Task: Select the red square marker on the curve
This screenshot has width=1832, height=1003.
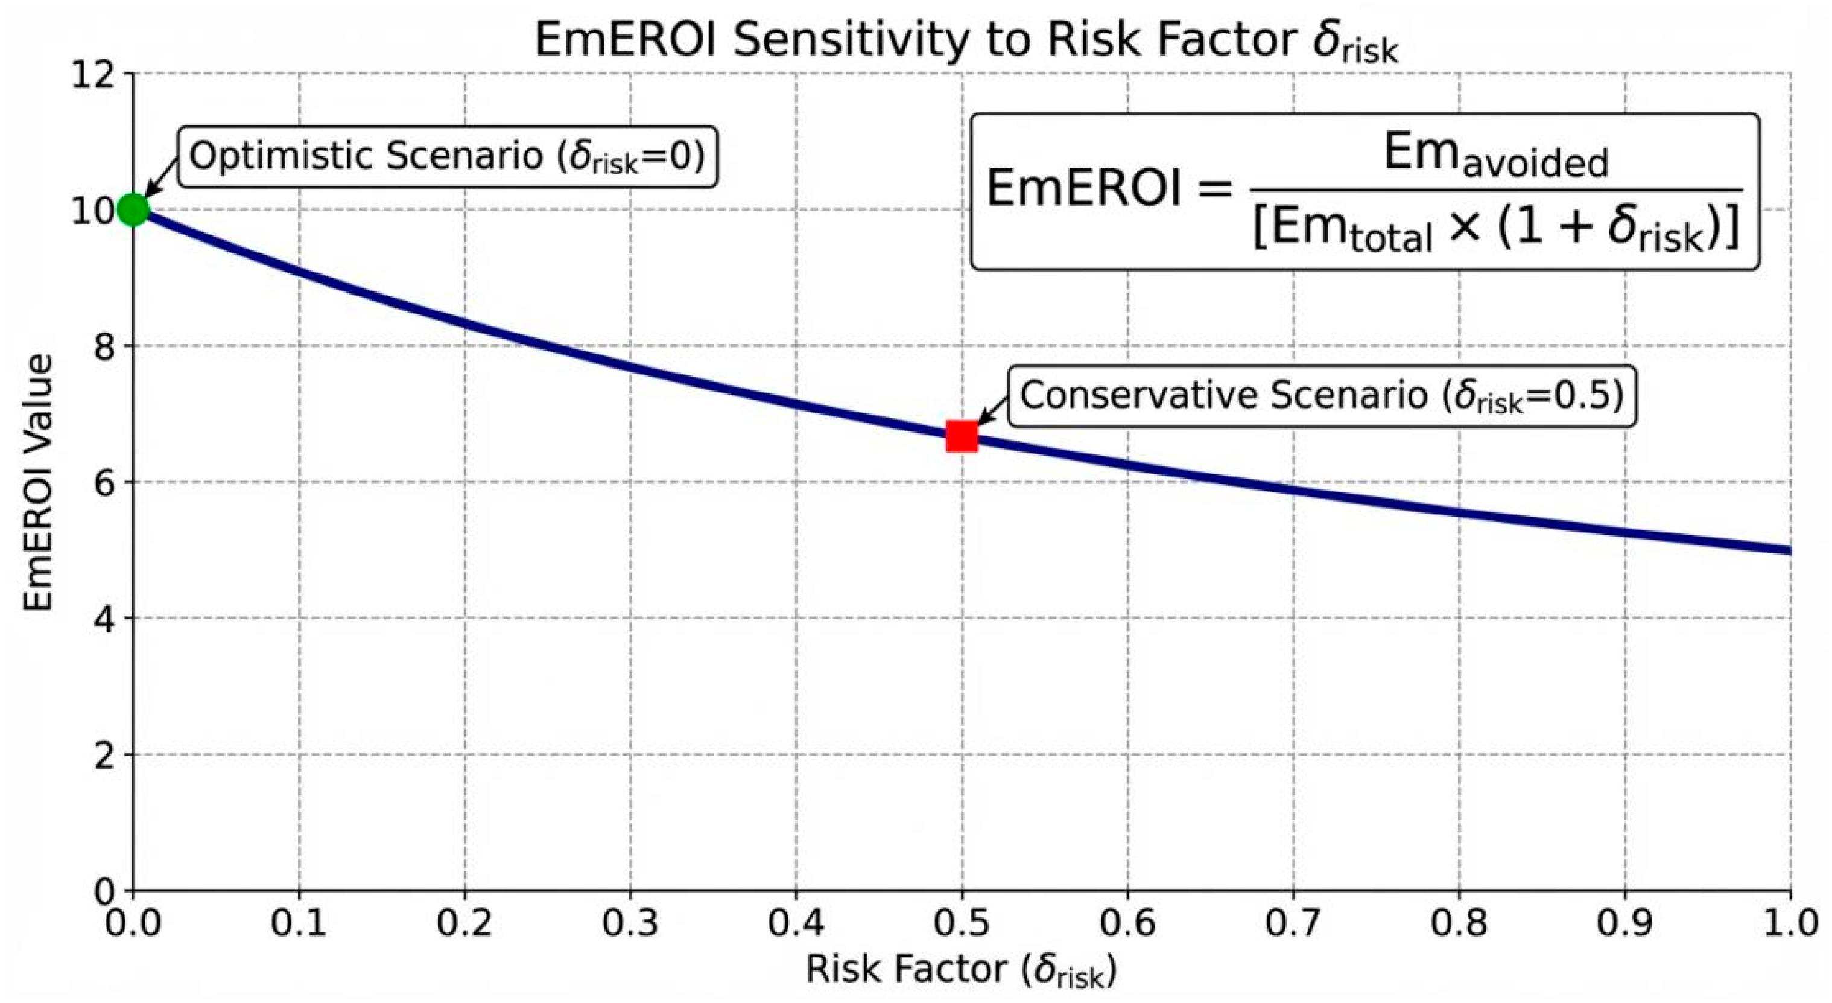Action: tap(962, 436)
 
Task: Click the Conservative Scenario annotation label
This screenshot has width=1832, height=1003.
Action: tap(1322, 396)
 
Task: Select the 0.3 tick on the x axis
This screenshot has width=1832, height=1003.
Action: tap(630, 923)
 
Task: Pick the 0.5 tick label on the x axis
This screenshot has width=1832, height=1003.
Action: tap(962, 923)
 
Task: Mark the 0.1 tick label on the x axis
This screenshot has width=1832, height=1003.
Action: tap(299, 923)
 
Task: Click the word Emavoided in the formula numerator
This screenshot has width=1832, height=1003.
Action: tap(1495, 156)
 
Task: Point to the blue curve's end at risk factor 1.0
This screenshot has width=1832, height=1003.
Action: tap(1790, 550)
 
